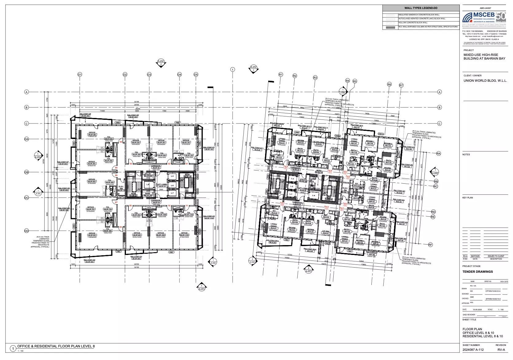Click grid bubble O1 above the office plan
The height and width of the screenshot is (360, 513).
coord(80,75)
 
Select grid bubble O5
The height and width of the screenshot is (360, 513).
coord(196,75)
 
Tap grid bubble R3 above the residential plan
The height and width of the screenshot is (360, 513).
coord(315,78)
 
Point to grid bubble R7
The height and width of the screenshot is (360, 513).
coord(401,85)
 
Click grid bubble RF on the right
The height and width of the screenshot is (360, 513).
coord(430,245)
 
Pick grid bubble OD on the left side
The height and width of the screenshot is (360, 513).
coord(26,231)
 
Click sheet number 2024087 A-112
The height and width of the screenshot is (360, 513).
coord(473,350)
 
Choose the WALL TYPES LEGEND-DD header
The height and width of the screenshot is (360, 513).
coord(421,8)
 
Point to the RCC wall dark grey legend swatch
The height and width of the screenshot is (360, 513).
coord(390,27)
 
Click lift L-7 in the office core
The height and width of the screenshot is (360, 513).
coord(172,193)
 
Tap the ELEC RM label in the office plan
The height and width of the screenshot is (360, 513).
coord(121,188)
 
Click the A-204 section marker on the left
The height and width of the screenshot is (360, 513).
coord(38,155)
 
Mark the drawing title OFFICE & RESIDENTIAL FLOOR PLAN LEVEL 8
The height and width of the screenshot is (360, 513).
coord(56,346)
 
